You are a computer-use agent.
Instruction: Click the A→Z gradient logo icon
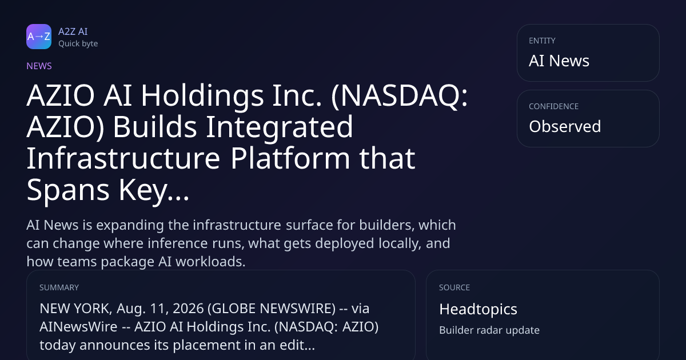pos(39,37)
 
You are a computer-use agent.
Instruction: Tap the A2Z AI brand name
pos(73,31)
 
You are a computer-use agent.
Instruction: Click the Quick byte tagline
pos(78,44)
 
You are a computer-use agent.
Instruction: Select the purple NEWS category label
pos(39,66)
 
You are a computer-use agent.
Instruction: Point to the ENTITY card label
pos(542,41)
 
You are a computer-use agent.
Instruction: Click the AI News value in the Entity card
pos(559,61)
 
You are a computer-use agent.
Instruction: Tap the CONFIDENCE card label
pos(554,106)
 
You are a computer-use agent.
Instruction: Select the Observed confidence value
pos(565,126)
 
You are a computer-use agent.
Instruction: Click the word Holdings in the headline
pos(202,96)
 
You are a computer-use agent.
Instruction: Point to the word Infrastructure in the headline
pos(123,158)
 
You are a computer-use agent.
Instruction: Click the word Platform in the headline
pos(290,158)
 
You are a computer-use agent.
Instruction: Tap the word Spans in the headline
pos(68,191)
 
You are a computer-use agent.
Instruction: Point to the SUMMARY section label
pos(59,287)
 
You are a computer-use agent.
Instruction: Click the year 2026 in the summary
pos(188,309)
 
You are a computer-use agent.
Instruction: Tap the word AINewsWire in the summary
pos(78,327)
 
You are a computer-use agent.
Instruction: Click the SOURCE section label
pos(454,287)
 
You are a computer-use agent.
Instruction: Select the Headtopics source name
pos(478,309)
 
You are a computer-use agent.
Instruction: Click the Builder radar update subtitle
pos(489,330)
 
